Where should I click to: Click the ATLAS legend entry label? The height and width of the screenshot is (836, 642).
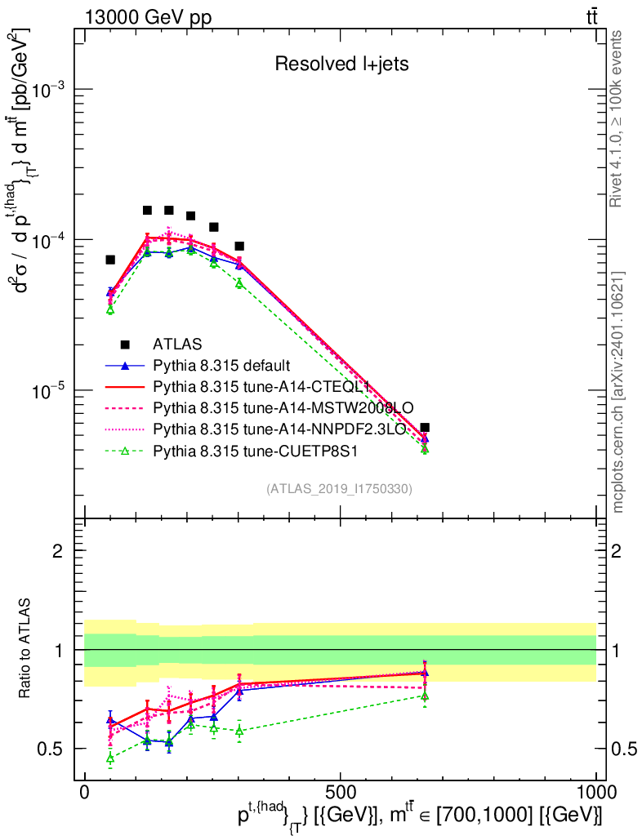pyautogui.click(x=177, y=344)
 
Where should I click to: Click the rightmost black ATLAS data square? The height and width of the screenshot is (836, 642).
pyautogui.click(x=425, y=427)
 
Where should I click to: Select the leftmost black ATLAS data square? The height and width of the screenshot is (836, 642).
pyautogui.click(x=110, y=260)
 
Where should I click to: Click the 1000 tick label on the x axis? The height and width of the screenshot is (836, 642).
pyautogui.click(x=595, y=792)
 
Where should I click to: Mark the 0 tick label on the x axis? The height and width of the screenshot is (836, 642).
pyautogui.click(x=84, y=792)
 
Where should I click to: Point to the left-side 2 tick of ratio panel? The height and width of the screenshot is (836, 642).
pyautogui.click(x=58, y=551)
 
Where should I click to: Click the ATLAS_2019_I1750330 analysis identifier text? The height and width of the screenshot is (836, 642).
pyautogui.click(x=339, y=489)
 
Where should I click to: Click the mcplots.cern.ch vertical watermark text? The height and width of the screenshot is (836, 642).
pyautogui.click(x=617, y=392)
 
